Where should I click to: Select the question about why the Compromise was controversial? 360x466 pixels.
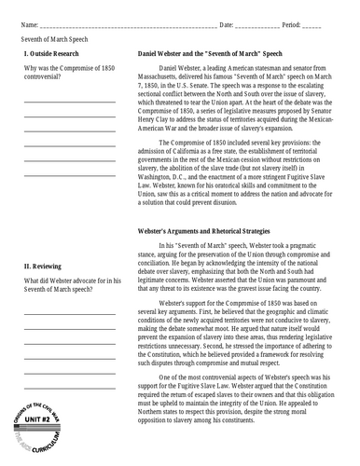pos(68,74)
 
